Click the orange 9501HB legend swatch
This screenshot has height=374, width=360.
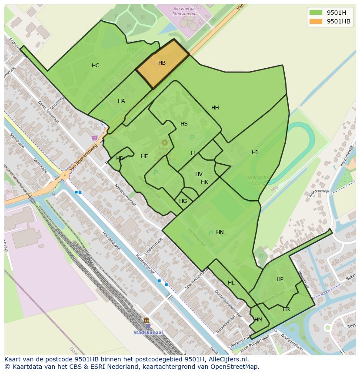click(x=316, y=22)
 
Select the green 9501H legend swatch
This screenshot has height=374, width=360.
click(x=316, y=13)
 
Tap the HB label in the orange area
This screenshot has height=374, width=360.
click(x=162, y=63)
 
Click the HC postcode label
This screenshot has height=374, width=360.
click(x=95, y=66)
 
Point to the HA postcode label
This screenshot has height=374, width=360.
click(x=121, y=101)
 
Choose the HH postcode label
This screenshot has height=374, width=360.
click(x=215, y=108)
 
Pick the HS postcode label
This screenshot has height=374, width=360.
click(x=184, y=124)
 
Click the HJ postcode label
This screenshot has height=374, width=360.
click(x=254, y=152)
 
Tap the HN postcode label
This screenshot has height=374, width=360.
click(x=220, y=232)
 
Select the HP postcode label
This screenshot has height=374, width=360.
click(x=280, y=279)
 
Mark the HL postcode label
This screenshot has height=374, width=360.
click(x=231, y=283)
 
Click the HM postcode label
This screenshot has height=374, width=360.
click(x=258, y=320)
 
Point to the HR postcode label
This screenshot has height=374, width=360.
click(x=286, y=309)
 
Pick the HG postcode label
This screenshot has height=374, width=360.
click(x=183, y=201)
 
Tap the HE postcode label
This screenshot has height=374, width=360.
click(x=144, y=156)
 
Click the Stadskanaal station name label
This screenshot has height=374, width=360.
click(x=148, y=333)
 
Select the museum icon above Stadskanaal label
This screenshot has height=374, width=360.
click(x=146, y=321)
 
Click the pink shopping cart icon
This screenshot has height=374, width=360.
click(x=94, y=138)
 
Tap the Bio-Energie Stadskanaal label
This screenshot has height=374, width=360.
click(x=184, y=11)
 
